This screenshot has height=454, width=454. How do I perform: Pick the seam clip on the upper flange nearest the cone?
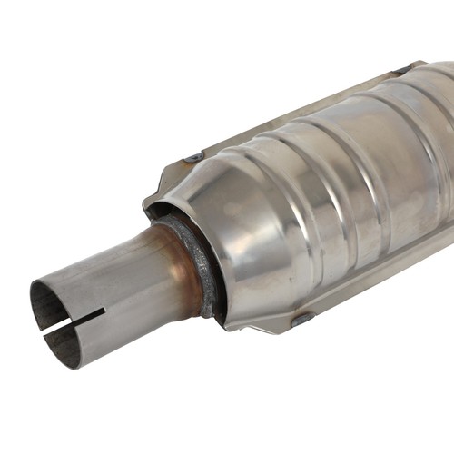[193, 158]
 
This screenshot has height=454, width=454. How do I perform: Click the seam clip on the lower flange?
[301, 319]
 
